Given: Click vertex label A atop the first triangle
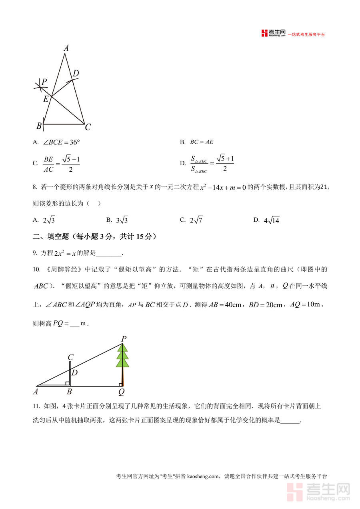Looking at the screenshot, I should (66, 48).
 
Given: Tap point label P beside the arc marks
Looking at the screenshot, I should (44, 82).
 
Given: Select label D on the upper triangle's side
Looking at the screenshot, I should (76, 73).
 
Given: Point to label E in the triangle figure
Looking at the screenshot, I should (46, 98).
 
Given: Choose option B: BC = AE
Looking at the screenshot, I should (202, 142).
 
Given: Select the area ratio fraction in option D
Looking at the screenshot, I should (199, 164).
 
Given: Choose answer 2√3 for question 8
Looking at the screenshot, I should (49, 220).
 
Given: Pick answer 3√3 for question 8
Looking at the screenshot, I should (122, 220).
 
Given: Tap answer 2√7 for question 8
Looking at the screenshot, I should (196, 220).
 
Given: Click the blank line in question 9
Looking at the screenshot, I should (109, 253).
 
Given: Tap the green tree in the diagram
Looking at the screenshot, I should (122, 356).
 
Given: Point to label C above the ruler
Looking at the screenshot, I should (70, 357).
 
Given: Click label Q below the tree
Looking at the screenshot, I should (121, 392).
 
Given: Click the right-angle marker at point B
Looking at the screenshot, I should (67, 383).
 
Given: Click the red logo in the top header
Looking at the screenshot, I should (264, 34).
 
